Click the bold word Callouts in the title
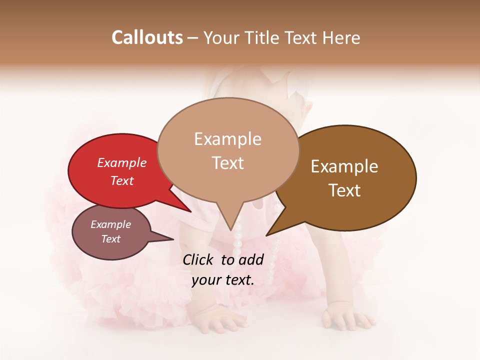click(x=147, y=37)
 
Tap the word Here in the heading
click(x=341, y=37)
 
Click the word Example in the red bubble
click(x=122, y=162)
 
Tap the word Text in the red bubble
click(x=122, y=180)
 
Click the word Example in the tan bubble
click(x=228, y=139)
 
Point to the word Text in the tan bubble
click(x=228, y=163)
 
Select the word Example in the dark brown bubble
click(x=344, y=166)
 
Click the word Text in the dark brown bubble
click(x=344, y=190)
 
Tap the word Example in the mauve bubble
click(x=111, y=224)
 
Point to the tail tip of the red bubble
click(x=190, y=211)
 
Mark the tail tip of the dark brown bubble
click(x=267, y=234)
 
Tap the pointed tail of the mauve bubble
click(x=172, y=239)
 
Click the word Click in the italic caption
click(x=199, y=259)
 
